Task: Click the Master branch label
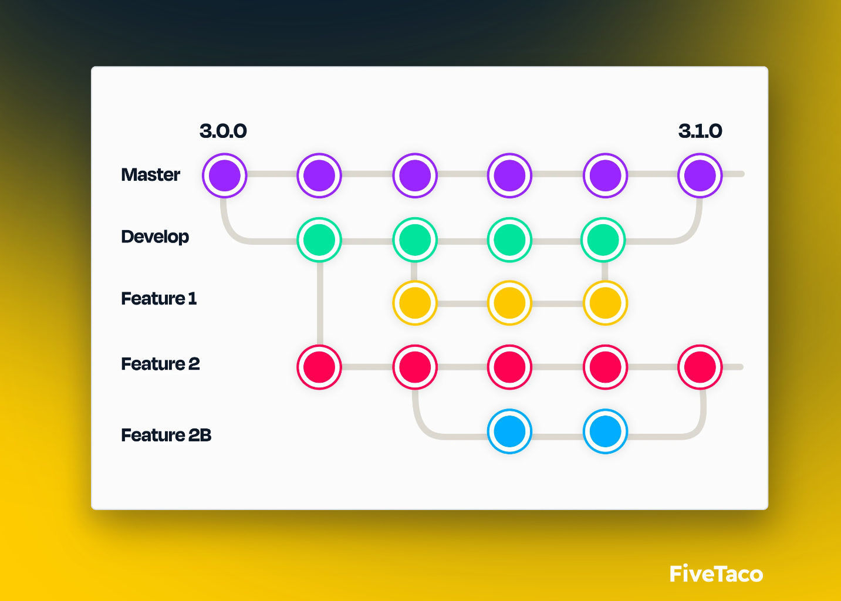click(x=150, y=175)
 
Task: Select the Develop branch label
click(x=155, y=237)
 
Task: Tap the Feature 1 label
click(x=158, y=299)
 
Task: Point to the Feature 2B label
click(x=166, y=435)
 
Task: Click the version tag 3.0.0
click(x=223, y=131)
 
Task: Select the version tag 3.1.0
click(x=700, y=131)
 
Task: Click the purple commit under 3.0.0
click(x=225, y=175)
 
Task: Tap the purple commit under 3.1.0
click(x=700, y=175)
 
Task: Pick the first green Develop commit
click(x=319, y=240)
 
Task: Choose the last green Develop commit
click(x=603, y=240)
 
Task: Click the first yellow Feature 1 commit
click(x=415, y=303)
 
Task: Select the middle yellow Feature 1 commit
click(x=509, y=303)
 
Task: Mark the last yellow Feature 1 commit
click(x=605, y=303)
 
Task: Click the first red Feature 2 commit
click(x=319, y=367)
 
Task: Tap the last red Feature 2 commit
click(x=700, y=367)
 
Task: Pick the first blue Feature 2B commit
click(x=509, y=431)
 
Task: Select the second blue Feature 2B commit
click(x=605, y=431)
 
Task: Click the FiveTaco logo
click(x=716, y=574)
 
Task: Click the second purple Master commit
click(x=319, y=175)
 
